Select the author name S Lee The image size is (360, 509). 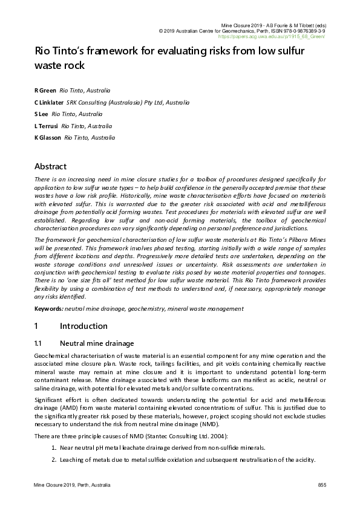pyautogui.click(x=41, y=114)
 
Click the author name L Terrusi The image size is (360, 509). pyautogui.click(x=47, y=126)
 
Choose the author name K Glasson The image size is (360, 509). pyautogui.click(x=48, y=138)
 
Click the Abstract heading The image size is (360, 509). pyautogui.click(x=50, y=166)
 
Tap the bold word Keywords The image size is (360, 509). pyautogui.click(x=48, y=309)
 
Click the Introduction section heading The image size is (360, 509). pyautogui.click(x=83, y=326)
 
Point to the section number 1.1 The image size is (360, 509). pyautogui.click(x=41, y=343)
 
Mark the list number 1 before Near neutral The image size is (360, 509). pyautogui.click(x=54, y=447)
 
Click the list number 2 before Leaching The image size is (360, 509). pyautogui.click(x=54, y=459)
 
